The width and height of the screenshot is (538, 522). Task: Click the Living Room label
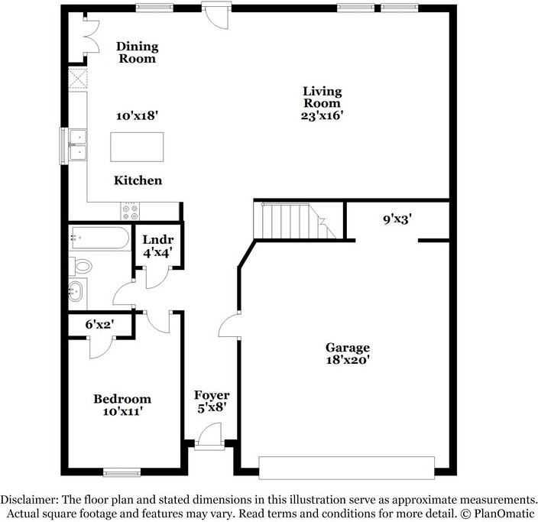click(x=322, y=97)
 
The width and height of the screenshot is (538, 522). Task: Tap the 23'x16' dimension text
click(x=322, y=116)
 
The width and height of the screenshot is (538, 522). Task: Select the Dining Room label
click(x=137, y=52)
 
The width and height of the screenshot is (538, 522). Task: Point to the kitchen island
click(x=137, y=146)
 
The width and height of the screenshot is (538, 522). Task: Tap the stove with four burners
click(x=130, y=209)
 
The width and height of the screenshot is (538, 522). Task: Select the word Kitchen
click(x=138, y=180)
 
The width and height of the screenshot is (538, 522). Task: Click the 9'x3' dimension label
click(x=398, y=219)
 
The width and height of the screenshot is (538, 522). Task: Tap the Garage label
click(x=348, y=347)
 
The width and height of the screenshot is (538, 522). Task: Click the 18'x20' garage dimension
click(x=348, y=360)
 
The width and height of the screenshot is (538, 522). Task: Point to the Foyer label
click(x=212, y=395)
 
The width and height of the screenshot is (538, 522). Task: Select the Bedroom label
click(x=122, y=398)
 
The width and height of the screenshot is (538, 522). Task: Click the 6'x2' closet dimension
click(x=99, y=324)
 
